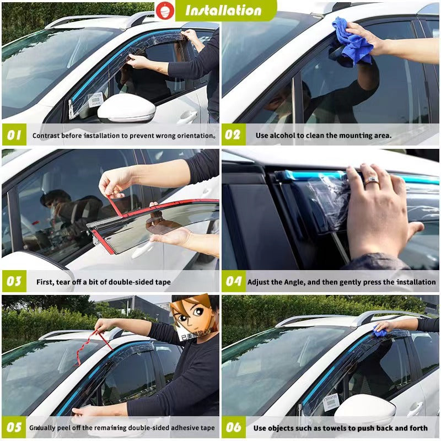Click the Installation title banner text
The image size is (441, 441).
[x=223, y=10]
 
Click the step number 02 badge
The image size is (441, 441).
[x=233, y=135]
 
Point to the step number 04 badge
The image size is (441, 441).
[x=233, y=282]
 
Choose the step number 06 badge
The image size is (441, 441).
[x=233, y=428]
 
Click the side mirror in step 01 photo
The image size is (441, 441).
[x=127, y=109]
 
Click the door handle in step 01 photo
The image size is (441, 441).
[x=187, y=117]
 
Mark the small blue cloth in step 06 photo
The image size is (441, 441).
[x=380, y=331]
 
